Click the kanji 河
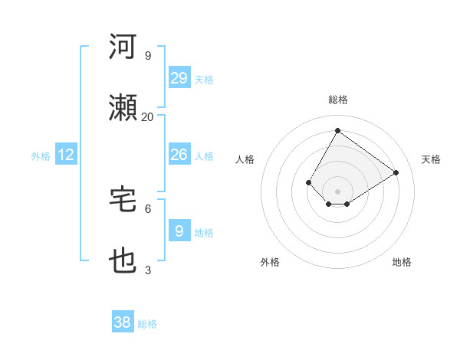tap(123, 47)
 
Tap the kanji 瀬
tap(123, 108)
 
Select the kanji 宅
tap(123, 200)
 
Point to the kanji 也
tap(123, 261)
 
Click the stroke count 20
tap(147, 116)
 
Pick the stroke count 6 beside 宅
tap(147, 208)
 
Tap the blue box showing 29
tap(179, 78)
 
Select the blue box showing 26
tap(179, 155)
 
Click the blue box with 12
tap(66, 155)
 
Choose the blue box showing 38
tap(122, 323)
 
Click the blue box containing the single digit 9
tap(179, 231)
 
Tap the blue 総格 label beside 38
tap(147, 324)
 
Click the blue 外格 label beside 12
tap(41, 155)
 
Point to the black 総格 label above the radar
tap(337, 100)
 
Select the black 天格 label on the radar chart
tap(431, 159)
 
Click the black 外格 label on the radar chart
tap(270, 262)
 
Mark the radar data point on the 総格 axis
tap(337, 130)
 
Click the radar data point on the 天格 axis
tap(396, 173)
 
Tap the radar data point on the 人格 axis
tap(309, 182)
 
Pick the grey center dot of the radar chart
tap(337, 191)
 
